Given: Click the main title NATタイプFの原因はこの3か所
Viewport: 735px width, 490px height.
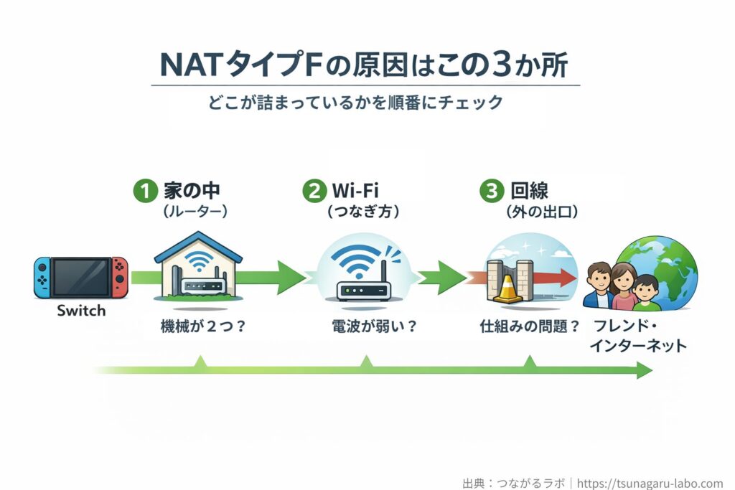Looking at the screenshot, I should [x=365, y=65].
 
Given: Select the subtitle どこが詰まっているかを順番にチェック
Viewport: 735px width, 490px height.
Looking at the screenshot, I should [x=365, y=102].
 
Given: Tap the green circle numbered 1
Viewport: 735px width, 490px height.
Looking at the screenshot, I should [x=145, y=192].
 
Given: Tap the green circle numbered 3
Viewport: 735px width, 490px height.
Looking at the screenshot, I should [x=490, y=192].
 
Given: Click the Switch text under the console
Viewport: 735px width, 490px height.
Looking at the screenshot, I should [x=80, y=311].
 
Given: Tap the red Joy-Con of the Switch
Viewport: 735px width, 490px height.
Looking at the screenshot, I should [x=119, y=277].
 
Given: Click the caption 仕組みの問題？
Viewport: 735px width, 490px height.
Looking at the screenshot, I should [x=530, y=327].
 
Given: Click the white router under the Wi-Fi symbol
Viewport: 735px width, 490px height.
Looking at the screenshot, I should [x=363, y=291].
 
